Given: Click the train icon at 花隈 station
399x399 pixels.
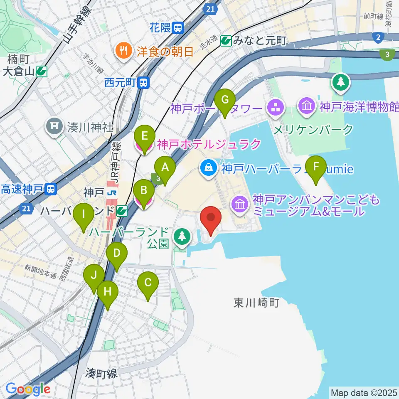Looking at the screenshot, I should [x=178, y=28].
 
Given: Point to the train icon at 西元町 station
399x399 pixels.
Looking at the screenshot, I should [x=144, y=83].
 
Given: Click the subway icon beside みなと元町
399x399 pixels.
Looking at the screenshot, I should [x=226, y=40].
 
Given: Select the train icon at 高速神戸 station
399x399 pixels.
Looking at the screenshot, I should [x=51, y=190].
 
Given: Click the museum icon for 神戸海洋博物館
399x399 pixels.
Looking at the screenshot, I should [x=307, y=107].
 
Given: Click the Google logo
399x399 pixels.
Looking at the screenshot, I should [x=28, y=389].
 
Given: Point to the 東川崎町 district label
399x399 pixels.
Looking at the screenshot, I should [x=256, y=303].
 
